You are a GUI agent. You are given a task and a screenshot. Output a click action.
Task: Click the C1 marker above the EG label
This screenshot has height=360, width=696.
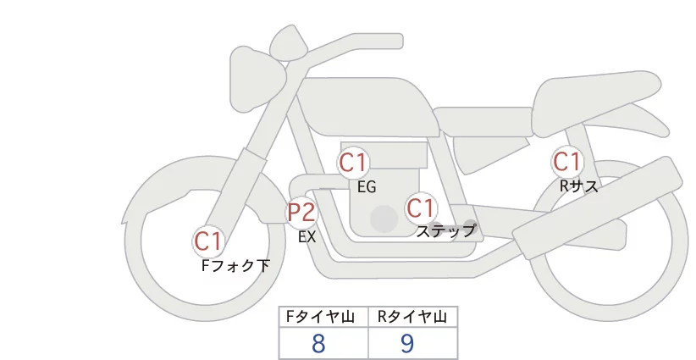pos(353,163)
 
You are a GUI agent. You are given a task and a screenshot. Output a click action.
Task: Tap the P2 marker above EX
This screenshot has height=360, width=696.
pos(301,212)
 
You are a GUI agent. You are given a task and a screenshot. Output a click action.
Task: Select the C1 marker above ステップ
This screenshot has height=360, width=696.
pos(421,208)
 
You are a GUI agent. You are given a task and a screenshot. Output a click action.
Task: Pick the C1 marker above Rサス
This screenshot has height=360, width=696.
pos(566,161)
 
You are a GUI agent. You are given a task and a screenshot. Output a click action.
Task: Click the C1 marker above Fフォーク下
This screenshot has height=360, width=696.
pos(208,241)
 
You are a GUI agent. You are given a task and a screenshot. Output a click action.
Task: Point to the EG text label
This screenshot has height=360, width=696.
pos(367,187)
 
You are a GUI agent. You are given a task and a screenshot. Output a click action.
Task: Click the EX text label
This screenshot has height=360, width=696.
pos(307,237)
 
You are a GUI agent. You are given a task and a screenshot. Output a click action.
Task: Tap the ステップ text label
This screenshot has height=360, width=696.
pos(446,230)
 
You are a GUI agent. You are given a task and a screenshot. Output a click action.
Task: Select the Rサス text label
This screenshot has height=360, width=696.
pos(578,186)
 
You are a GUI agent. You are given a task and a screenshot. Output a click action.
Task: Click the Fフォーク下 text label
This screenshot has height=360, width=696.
pos(235,265)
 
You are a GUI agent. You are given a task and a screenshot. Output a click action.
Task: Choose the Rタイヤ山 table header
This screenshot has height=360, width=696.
pos(412,317)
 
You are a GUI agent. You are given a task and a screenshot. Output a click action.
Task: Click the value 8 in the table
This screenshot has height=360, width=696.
pos(318,343)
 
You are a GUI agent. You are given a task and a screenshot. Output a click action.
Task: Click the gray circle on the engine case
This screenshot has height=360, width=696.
pos(384,219)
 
